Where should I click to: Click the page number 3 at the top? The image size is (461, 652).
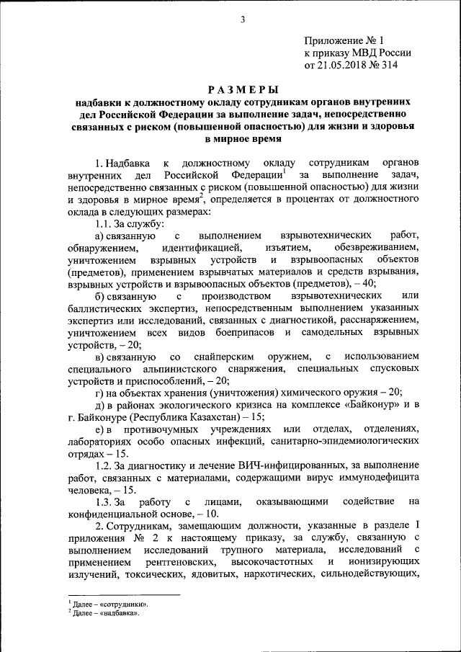tap(243, 19)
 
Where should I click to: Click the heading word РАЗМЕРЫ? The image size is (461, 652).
tap(243, 90)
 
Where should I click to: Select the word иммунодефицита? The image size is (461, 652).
tap(378, 478)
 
